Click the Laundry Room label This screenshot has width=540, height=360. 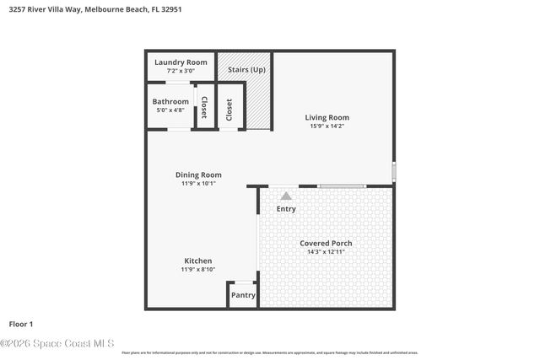pyautogui.click(x=179, y=62)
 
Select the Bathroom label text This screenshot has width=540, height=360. pyautogui.click(x=170, y=102)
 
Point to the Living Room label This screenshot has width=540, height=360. pyautogui.click(x=327, y=117)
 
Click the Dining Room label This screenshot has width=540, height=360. pyautogui.click(x=198, y=175)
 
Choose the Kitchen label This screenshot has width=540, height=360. pyautogui.click(x=198, y=261)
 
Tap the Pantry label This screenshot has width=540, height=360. pyautogui.click(x=243, y=295)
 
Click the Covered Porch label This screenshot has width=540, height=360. pyautogui.click(x=326, y=243)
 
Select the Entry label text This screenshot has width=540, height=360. pyautogui.click(x=286, y=208)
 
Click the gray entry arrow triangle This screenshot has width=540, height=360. pyautogui.click(x=286, y=195)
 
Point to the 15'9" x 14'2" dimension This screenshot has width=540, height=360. pyautogui.click(x=327, y=126)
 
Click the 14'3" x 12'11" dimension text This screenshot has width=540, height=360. pyautogui.click(x=326, y=251)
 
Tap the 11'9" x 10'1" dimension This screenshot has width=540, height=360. pyautogui.click(x=198, y=183)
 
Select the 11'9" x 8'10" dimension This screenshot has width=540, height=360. pyautogui.click(x=198, y=269)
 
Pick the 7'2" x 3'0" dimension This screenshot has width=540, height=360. pyautogui.click(x=179, y=71)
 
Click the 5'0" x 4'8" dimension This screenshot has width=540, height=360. pyautogui.click(x=170, y=110)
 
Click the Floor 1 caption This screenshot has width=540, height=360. pyautogui.click(x=20, y=324)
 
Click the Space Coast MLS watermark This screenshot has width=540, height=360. pyautogui.click(x=57, y=343)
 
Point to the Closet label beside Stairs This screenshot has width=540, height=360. pyautogui.click(x=229, y=109)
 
